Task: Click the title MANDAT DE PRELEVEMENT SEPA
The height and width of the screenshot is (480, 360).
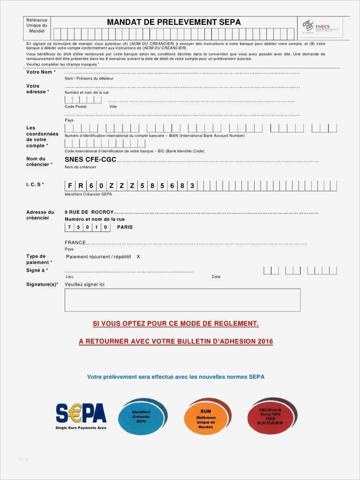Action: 173,22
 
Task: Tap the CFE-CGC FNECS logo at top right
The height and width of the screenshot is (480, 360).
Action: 322,27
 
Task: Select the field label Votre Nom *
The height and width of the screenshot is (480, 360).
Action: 41,72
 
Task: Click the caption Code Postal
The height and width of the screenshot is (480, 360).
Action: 75,106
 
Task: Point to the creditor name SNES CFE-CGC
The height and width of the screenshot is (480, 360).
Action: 90,160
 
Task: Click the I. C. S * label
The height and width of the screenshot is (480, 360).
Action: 35,184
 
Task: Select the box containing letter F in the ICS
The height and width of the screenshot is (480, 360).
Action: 70,186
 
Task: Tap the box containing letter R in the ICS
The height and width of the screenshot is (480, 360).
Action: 81,186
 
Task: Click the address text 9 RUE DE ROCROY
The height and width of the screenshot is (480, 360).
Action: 89,212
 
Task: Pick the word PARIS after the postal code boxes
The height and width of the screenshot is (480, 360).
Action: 125,227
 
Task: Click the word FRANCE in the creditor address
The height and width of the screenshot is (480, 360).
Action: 75,243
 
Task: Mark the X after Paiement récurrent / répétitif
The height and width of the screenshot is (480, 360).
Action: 138,257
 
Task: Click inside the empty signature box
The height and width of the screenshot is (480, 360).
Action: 182,300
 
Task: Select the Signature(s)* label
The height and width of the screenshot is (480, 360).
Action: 42,285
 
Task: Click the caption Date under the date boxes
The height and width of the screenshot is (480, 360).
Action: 216,277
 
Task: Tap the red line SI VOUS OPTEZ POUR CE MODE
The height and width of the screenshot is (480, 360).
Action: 176,324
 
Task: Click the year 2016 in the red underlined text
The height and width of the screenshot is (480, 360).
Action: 265,342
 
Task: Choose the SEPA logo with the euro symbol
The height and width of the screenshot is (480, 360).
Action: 81,414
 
